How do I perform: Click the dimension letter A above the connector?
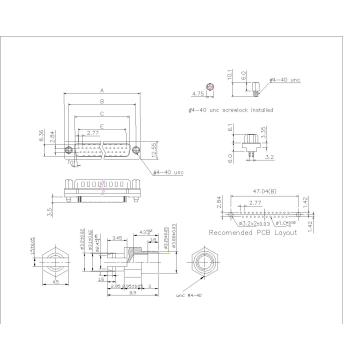(103, 89)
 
